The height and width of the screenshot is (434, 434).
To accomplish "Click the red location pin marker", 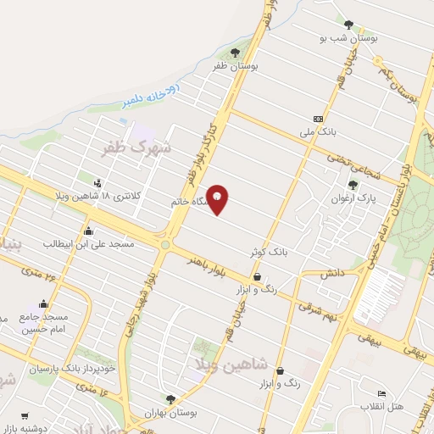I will point(218,200).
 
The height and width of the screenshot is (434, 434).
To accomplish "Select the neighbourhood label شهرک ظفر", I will point(136,150).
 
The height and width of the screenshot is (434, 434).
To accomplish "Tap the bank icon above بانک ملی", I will point(318,119).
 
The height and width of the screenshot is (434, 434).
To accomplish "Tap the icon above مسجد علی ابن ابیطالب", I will point(88,231).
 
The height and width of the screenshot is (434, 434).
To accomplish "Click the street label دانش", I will point(330,275).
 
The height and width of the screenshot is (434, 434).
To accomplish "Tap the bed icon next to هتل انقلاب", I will point(381,394).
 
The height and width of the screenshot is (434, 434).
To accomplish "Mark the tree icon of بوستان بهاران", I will point(170,398).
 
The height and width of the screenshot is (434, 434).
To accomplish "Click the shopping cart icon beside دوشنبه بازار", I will point(25,416).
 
